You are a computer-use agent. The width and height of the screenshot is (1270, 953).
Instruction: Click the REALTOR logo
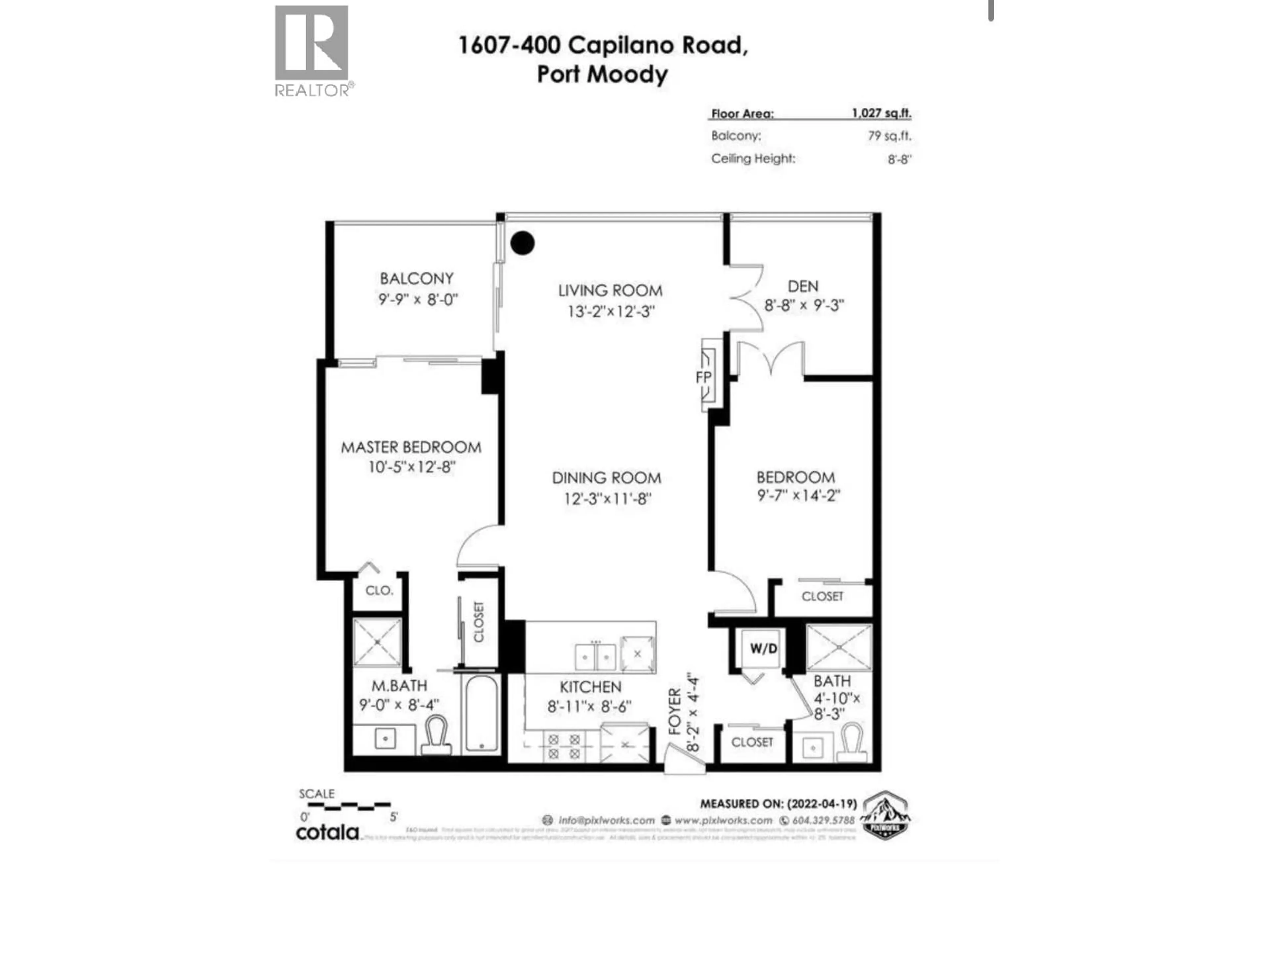[312, 51]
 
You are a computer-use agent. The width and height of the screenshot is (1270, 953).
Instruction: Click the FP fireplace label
[703, 378]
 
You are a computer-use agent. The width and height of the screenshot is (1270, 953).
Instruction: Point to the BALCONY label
[417, 279]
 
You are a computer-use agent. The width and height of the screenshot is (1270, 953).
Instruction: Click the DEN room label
[803, 286]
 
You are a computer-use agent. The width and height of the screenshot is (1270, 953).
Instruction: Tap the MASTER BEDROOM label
[411, 447]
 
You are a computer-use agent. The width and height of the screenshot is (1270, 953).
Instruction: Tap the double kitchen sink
[595, 656]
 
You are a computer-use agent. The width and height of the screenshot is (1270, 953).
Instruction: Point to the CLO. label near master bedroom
[379, 591]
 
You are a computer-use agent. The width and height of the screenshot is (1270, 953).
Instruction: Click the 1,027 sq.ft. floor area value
[881, 113]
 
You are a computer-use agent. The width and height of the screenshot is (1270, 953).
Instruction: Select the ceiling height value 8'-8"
[899, 159]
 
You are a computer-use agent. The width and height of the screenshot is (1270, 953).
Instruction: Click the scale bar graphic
[349, 806]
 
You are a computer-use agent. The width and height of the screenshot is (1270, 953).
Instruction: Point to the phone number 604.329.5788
[823, 820]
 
